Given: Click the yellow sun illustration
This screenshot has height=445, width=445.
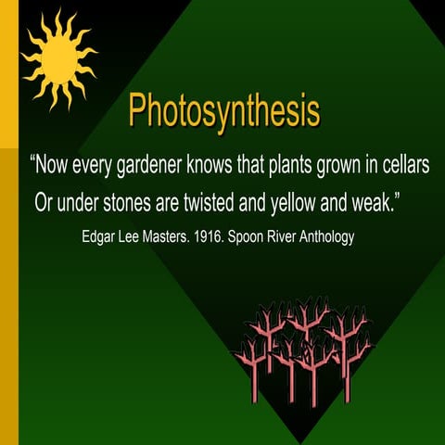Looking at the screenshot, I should pyautogui.click(x=57, y=57).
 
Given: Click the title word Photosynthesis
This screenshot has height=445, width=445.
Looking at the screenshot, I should pyautogui.click(x=224, y=111).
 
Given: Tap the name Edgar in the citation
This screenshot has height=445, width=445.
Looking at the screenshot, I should pyautogui.click(x=100, y=237).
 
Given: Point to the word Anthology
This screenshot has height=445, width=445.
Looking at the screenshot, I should pyautogui.click(x=324, y=237).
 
